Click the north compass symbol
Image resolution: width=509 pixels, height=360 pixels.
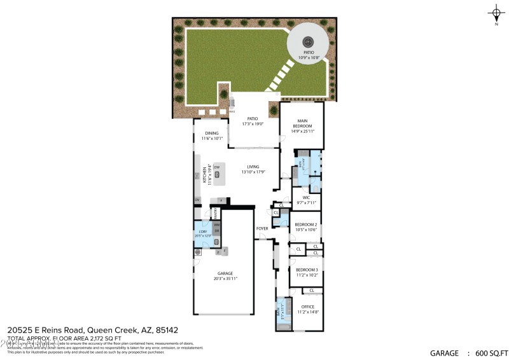(496, 13)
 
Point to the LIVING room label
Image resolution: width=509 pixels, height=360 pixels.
(253, 167)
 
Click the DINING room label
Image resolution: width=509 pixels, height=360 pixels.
(211, 133)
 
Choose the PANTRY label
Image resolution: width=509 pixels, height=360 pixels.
(216, 212)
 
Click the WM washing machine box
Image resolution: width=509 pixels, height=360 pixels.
(216, 225)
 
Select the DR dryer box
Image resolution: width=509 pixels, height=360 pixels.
(216, 231)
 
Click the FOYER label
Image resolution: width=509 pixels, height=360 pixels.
(261, 228)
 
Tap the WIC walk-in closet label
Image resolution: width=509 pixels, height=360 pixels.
(306, 197)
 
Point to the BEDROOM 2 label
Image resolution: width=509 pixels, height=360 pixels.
(305, 225)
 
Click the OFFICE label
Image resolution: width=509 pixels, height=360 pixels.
(307, 307)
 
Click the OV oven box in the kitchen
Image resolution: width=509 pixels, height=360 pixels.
(198, 200)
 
